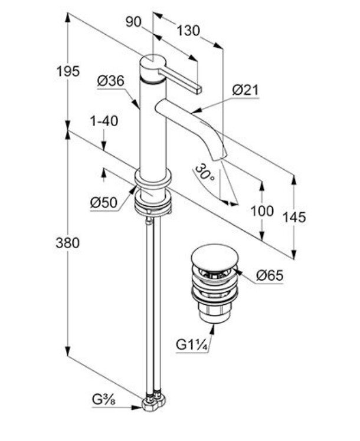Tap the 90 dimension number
[135, 22]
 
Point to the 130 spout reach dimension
[188, 30]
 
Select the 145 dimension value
[294, 217]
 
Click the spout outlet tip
[221, 154]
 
